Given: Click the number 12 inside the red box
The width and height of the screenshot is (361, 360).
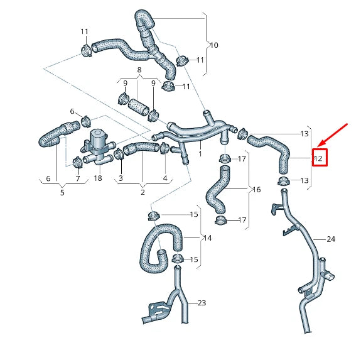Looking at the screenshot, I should [x=318, y=158].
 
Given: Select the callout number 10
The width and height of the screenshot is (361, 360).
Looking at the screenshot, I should [x=214, y=45].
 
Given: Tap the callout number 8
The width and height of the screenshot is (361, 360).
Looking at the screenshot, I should [x=139, y=70].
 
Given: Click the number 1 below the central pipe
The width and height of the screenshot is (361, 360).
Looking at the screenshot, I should [x=200, y=153].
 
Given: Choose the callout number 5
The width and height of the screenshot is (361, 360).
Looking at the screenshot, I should [x=62, y=193].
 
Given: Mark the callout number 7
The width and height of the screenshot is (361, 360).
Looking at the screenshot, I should [x=78, y=179].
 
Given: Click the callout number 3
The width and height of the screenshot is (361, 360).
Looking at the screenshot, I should [x=121, y=179].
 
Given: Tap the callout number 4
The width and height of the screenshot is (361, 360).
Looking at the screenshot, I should [x=165, y=179].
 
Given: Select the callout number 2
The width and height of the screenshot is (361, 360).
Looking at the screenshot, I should [x=143, y=193].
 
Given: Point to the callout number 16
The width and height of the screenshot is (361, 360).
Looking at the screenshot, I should [x=256, y=189].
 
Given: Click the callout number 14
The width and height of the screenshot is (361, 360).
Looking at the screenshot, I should [x=207, y=238].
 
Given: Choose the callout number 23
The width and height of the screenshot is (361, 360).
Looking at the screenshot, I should [x=202, y=303].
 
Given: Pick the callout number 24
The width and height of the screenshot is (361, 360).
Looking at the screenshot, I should [x=331, y=239].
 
